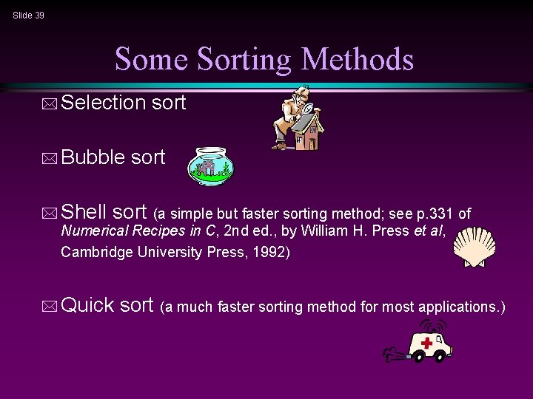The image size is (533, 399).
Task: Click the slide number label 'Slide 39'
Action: (28, 15)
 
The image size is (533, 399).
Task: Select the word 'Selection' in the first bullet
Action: (104, 103)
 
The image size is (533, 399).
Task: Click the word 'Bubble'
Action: (93, 157)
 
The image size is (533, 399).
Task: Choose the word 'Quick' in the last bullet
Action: (88, 304)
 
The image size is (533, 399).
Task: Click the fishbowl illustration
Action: (211, 165)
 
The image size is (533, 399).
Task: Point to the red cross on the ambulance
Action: (426, 343)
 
